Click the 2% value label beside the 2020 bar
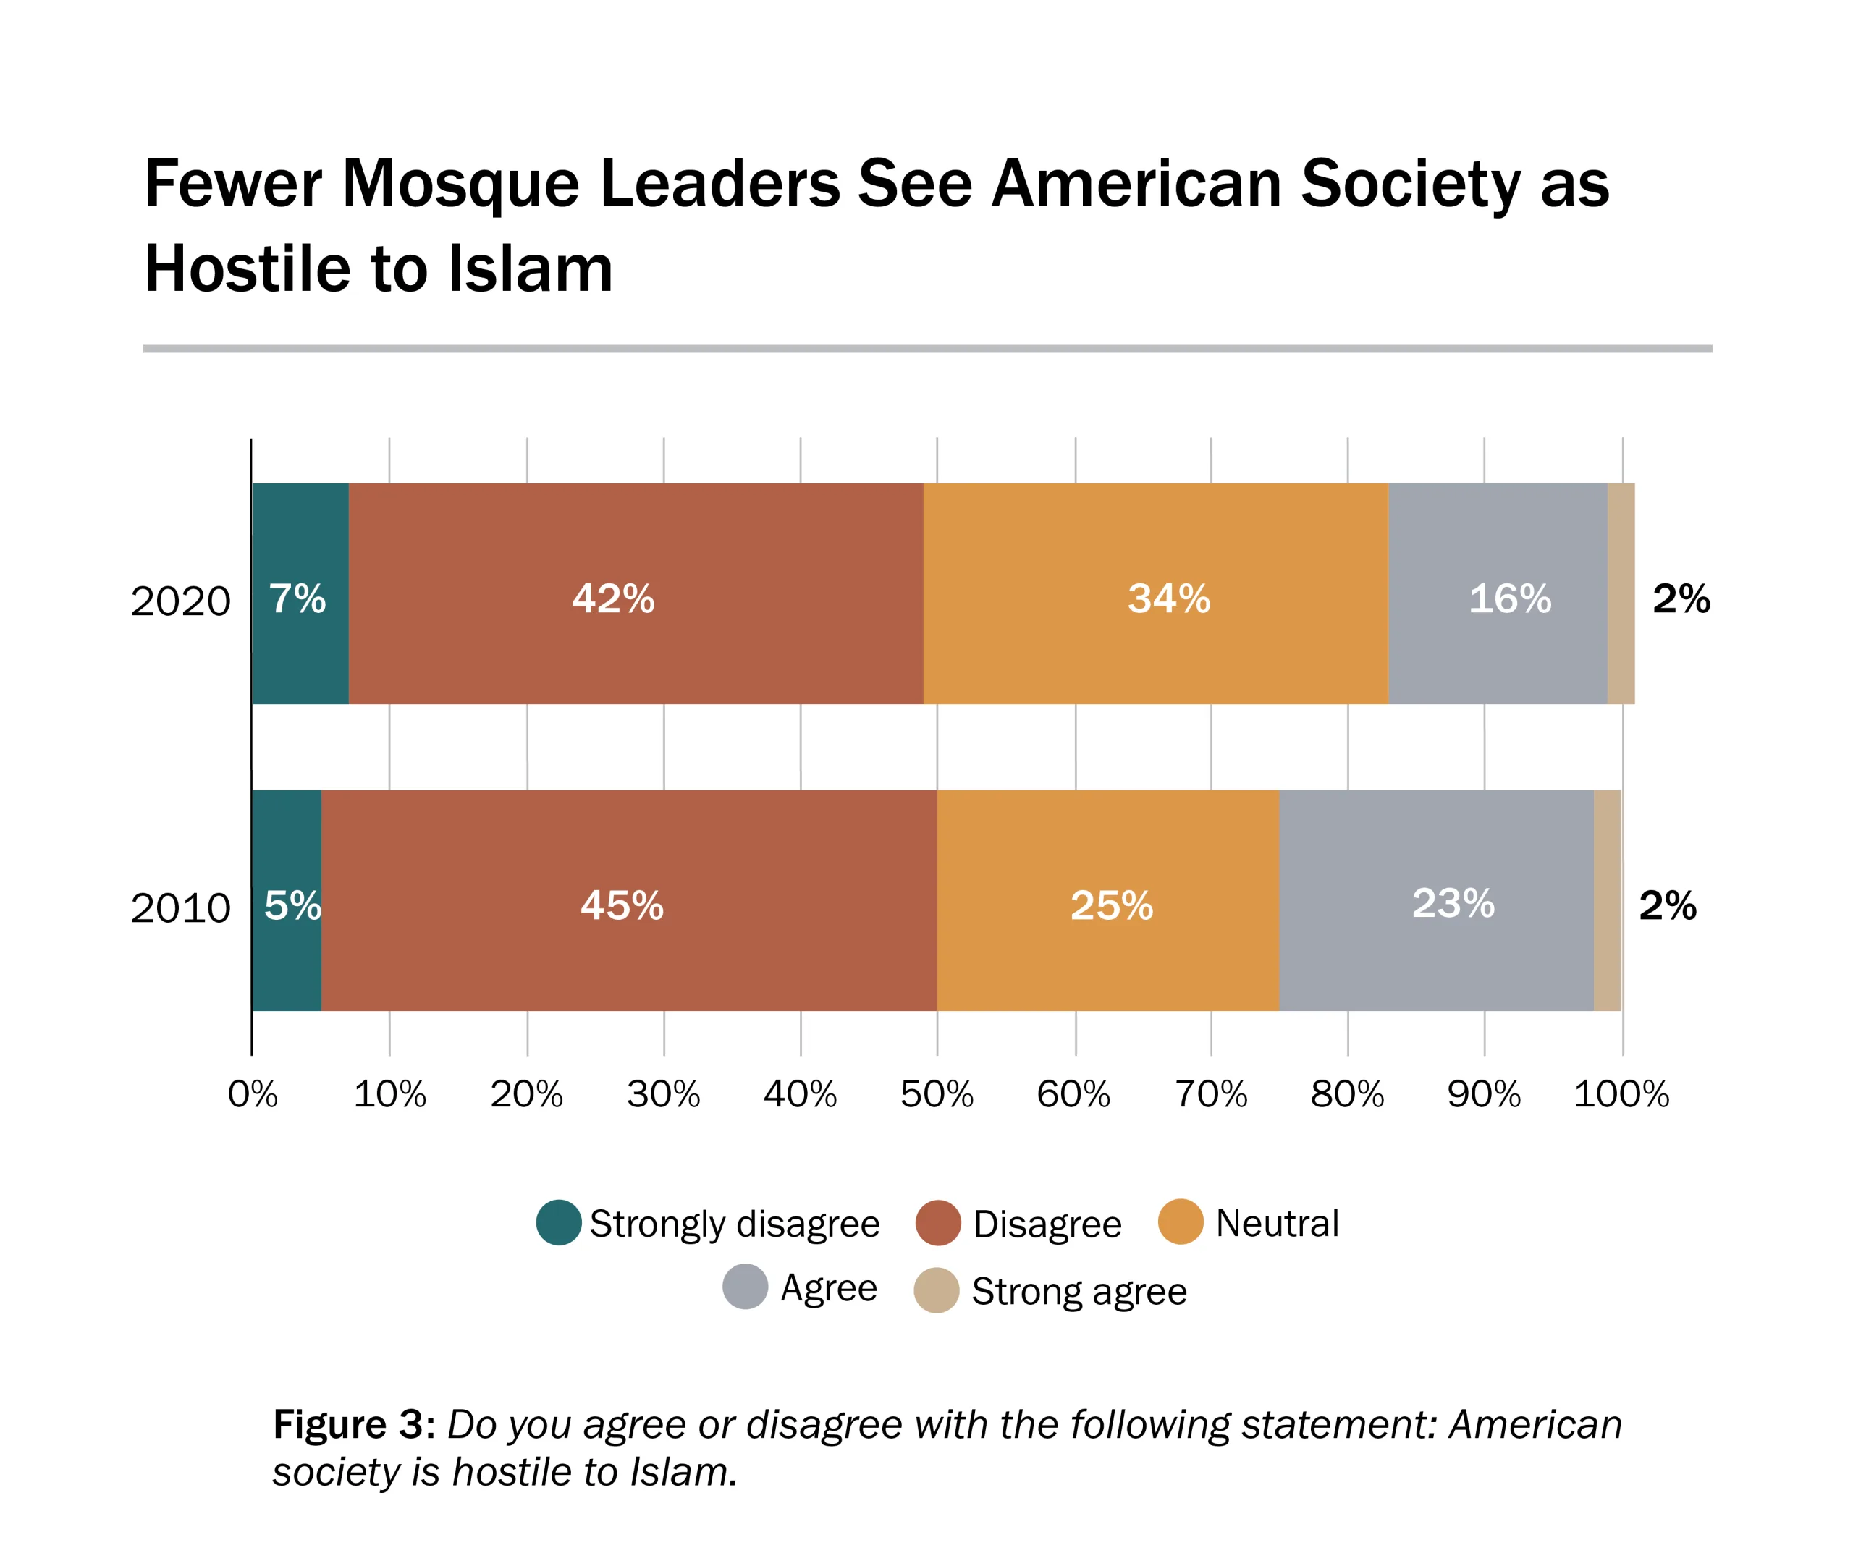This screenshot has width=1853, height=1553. click(x=1681, y=599)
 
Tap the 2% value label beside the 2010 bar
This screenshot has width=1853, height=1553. click(x=1667, y=905)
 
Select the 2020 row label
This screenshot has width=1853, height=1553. click(x=180, y=602)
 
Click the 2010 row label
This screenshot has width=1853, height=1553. click(x=180, y=908)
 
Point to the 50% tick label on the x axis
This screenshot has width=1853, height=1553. click(x=936, y=1095)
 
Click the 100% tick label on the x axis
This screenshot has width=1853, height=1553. click(x=1621, y=1095)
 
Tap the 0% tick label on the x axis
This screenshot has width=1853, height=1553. click(x=253, y=1095)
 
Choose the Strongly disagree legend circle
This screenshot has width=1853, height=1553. click(x=559, y=1223)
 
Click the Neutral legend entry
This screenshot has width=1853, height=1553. click(x=1276, y=1224)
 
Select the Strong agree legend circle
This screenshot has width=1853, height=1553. click(x=936, y=1291)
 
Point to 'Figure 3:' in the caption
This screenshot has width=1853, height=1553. click(x=354, y=1424)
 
